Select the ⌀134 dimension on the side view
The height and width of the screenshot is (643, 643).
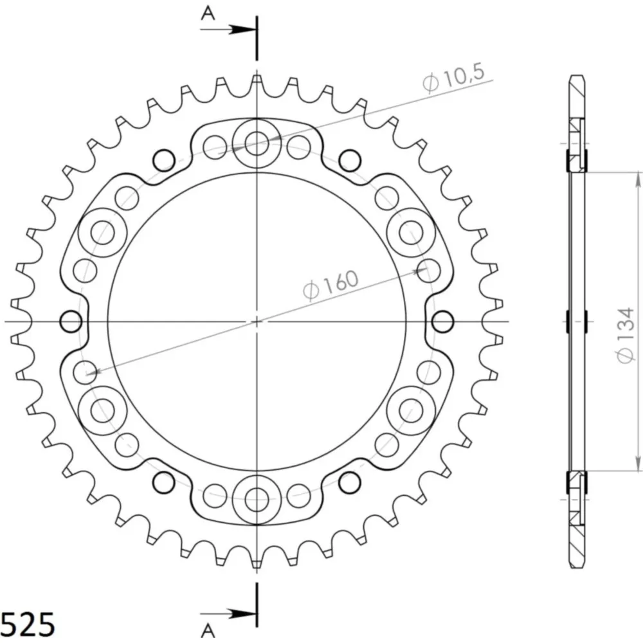[x=626, y=335]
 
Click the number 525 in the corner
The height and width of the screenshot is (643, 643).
[x=28, y=624]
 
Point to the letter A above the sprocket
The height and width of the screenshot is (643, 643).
[x=208, y=14]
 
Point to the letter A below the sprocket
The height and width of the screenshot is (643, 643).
[x=208, y=629]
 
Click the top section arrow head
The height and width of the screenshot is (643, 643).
[x=242, y=30]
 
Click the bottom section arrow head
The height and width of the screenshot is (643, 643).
[x=242, y=614]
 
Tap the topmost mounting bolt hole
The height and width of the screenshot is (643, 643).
[x=257, y=143]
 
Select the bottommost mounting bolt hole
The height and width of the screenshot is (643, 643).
[x=257, y=500]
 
